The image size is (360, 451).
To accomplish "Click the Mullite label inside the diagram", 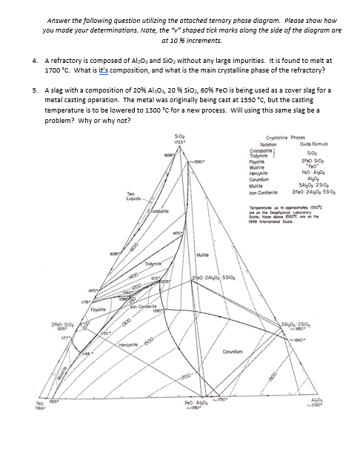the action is point(206,254).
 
